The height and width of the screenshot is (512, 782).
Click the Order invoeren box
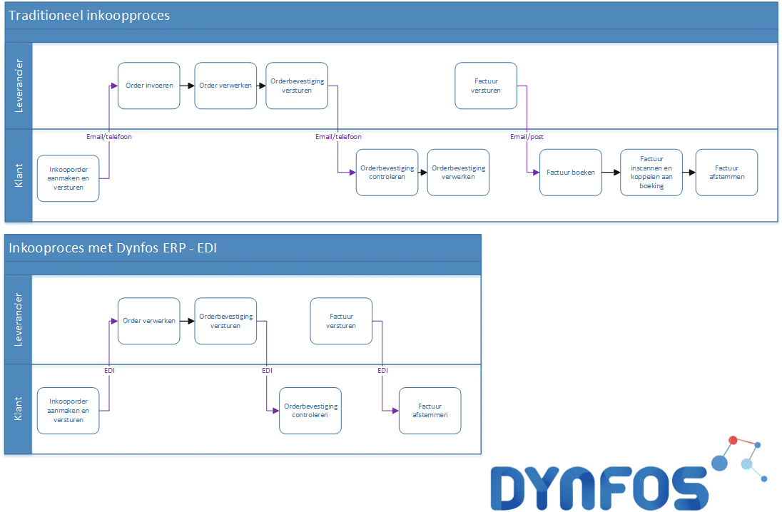[148, 86]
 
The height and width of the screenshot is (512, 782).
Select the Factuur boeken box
[571, 173]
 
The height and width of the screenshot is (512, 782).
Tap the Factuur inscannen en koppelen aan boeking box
[651, 173]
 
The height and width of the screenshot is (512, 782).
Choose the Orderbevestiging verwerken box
[458, 173]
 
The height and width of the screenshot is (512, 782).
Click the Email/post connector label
[527, 137]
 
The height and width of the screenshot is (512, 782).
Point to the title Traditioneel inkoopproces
[89, 16]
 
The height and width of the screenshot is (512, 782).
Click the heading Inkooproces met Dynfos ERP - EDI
[113, 247]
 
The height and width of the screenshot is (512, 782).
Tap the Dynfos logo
[629, 473]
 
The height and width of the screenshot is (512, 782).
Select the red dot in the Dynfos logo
[733, 440]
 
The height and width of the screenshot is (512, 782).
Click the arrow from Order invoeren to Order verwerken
[187, 86]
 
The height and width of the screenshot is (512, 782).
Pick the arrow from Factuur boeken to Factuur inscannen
[611, 173]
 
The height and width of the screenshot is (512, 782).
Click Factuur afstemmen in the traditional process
[726, 173]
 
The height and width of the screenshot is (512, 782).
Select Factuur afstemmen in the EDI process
[430, 411]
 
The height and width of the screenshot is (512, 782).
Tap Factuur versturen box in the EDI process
[341, 321]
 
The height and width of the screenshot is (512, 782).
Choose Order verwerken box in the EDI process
[148, 321]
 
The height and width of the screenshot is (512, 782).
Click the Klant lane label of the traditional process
[19, 175]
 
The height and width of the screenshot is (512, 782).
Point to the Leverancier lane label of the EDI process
[19, 319]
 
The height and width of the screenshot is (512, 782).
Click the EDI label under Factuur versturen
[382, 370]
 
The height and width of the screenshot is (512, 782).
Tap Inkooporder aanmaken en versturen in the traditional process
[68, 178]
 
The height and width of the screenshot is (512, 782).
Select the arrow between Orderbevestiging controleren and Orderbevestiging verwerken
[423, 173]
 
